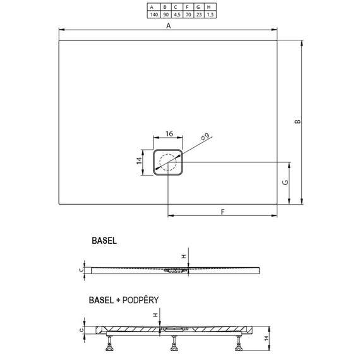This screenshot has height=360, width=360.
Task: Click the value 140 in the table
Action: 154,15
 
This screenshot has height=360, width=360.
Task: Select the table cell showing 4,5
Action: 177,15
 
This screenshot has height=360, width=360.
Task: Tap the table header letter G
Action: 198,8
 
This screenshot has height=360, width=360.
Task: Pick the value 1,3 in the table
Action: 210,15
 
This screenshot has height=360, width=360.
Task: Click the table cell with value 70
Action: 188,15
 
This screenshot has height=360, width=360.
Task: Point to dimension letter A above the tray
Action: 169,26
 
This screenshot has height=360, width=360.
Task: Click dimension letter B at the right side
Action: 297,121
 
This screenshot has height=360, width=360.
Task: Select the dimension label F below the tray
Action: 222,212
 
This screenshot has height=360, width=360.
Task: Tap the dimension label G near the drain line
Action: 285,183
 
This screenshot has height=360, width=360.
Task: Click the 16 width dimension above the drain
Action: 169,134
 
